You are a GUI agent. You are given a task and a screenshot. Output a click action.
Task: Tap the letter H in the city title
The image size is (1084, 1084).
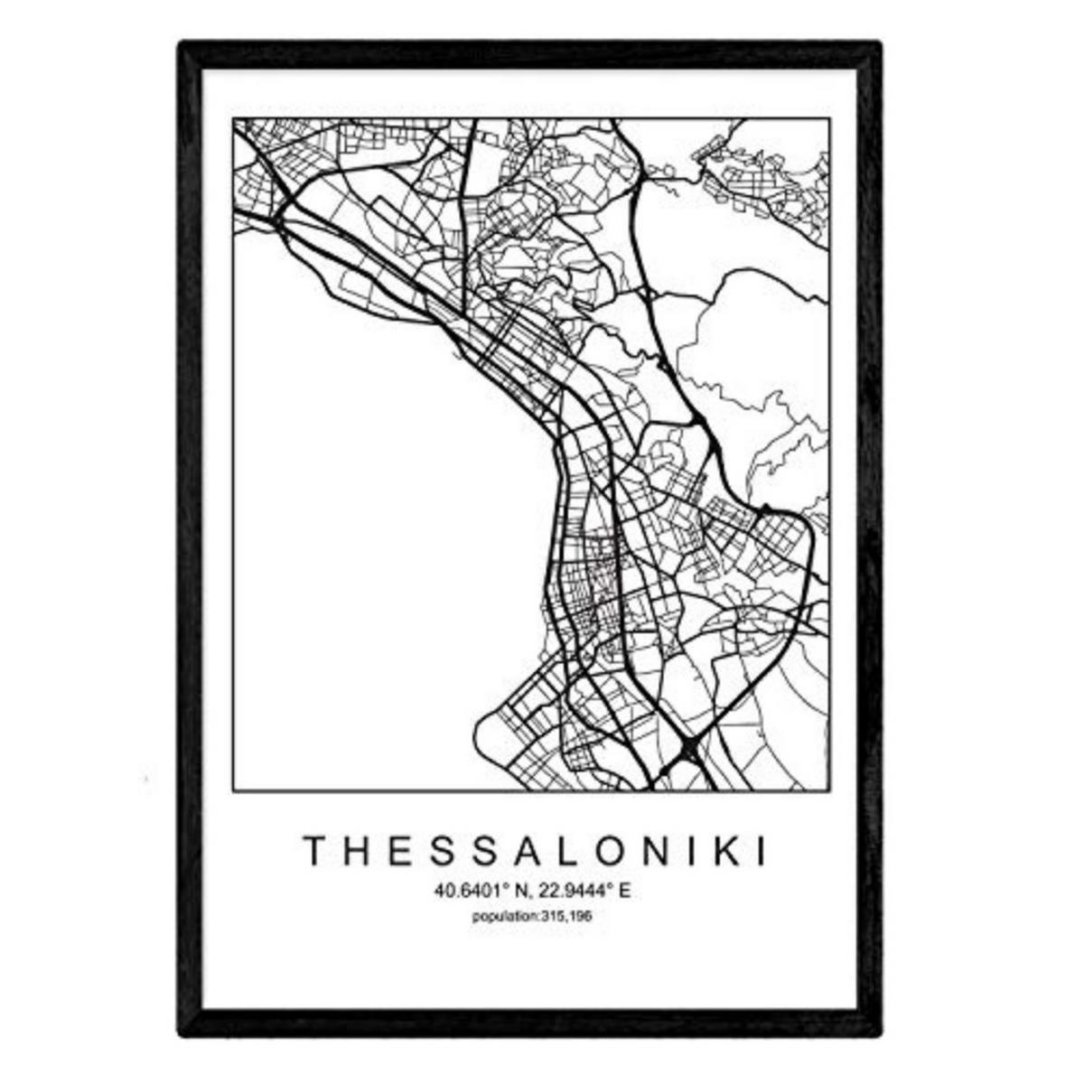(x=353, y=851)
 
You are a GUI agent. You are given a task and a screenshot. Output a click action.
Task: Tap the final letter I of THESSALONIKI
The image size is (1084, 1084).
(x=758, y=851)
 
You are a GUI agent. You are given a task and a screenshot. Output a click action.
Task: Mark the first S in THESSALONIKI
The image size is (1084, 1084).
(x=433, y=851)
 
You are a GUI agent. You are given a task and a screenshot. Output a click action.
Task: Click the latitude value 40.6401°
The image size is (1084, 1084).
(x=469, y=892)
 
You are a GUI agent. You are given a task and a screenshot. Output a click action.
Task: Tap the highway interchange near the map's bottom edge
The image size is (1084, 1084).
(x=688, y=749)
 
